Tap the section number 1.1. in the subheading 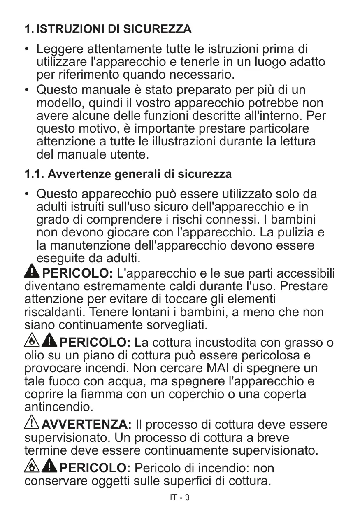35,174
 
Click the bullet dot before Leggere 27,49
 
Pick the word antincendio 59,407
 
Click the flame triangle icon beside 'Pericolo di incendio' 32,466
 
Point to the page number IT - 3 180,497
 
